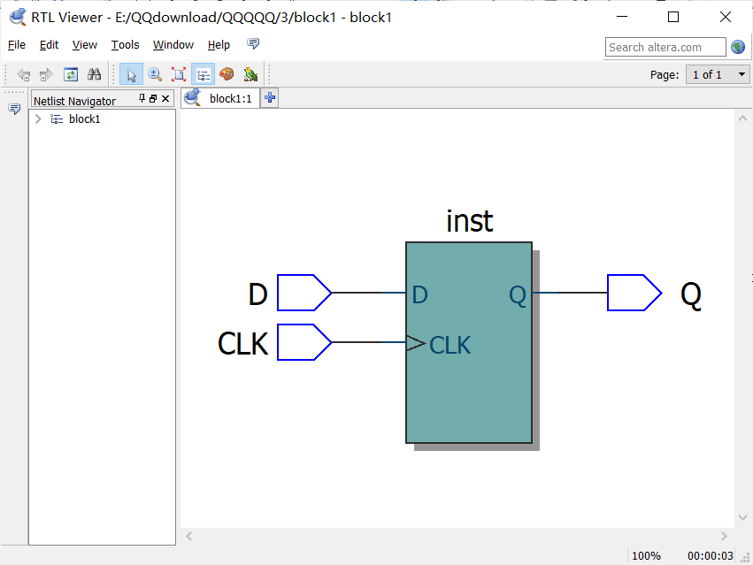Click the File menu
pyautogui.click(x=17, y=45)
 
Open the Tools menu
pyautogui.click(x=125, y=45)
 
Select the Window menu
pyautogui.click(x=173, y=45)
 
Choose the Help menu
pyautogui.click(x=219, y=45)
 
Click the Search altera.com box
pyautogui.click(x=665, y=47)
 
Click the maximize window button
pyautogui.click(x=673, y=17)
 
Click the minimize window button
pyautogui.click(x=622, y=17)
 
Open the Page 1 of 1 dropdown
pyautogui.click(x=718, y=74)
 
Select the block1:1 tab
pyautogui.click(x=228, y=98)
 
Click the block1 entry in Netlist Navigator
pyautogui.click(x=84, y=119)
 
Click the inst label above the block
pyautogui.click(x=469, y=221)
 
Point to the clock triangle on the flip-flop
pyautogui.click(x=415, y=343)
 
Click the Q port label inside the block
pyautogui.click(x=518, y=295)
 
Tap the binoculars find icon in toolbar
pyautogui.click(x=94, y=74)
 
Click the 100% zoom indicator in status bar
pyautogui.click(x=646, y=555)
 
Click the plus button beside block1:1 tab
pyautogui.click(x=270, y=98)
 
